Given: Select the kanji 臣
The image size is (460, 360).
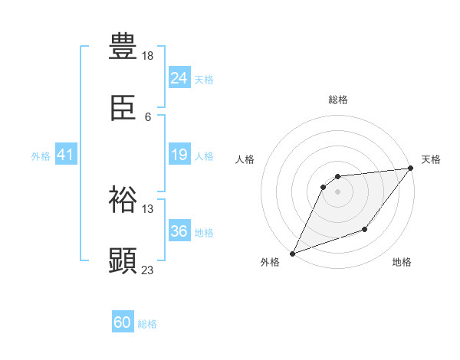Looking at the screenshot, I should (123, 110).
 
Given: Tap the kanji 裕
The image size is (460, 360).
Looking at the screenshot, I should (123, 199).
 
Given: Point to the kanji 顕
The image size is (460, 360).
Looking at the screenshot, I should (123, 261).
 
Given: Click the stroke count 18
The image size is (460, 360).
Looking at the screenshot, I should (148, 55).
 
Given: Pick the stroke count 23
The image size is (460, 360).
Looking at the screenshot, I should (148, 270).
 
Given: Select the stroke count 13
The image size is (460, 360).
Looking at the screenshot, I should (148, 208).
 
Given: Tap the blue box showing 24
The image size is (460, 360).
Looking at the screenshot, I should (179, 78).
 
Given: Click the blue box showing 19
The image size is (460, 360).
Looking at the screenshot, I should (179, 155).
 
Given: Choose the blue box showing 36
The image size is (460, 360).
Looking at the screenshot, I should (179, 231).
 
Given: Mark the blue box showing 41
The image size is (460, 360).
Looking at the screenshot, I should (65, 155).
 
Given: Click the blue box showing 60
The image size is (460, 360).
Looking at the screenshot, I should (123, 322).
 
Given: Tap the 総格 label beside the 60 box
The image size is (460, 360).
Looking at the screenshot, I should (147, 324).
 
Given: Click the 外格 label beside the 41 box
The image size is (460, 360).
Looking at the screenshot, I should (41, 156).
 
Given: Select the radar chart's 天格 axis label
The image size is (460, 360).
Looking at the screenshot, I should (431, 159).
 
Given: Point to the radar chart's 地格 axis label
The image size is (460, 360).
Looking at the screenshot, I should (402, 263).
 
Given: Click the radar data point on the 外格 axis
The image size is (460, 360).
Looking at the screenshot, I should (292, 254).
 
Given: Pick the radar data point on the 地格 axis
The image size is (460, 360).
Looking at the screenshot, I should (365, 229).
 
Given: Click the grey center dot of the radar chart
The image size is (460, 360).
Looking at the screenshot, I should (337, 191).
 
